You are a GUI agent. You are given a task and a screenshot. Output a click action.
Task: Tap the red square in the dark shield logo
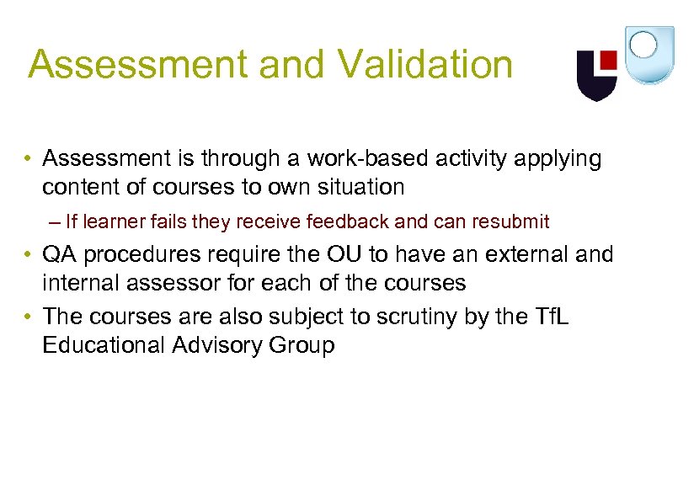coord(608,61)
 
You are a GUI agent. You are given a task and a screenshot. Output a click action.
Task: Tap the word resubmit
coord(510,222)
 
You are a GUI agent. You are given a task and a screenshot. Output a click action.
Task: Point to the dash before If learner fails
coord(56,222)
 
